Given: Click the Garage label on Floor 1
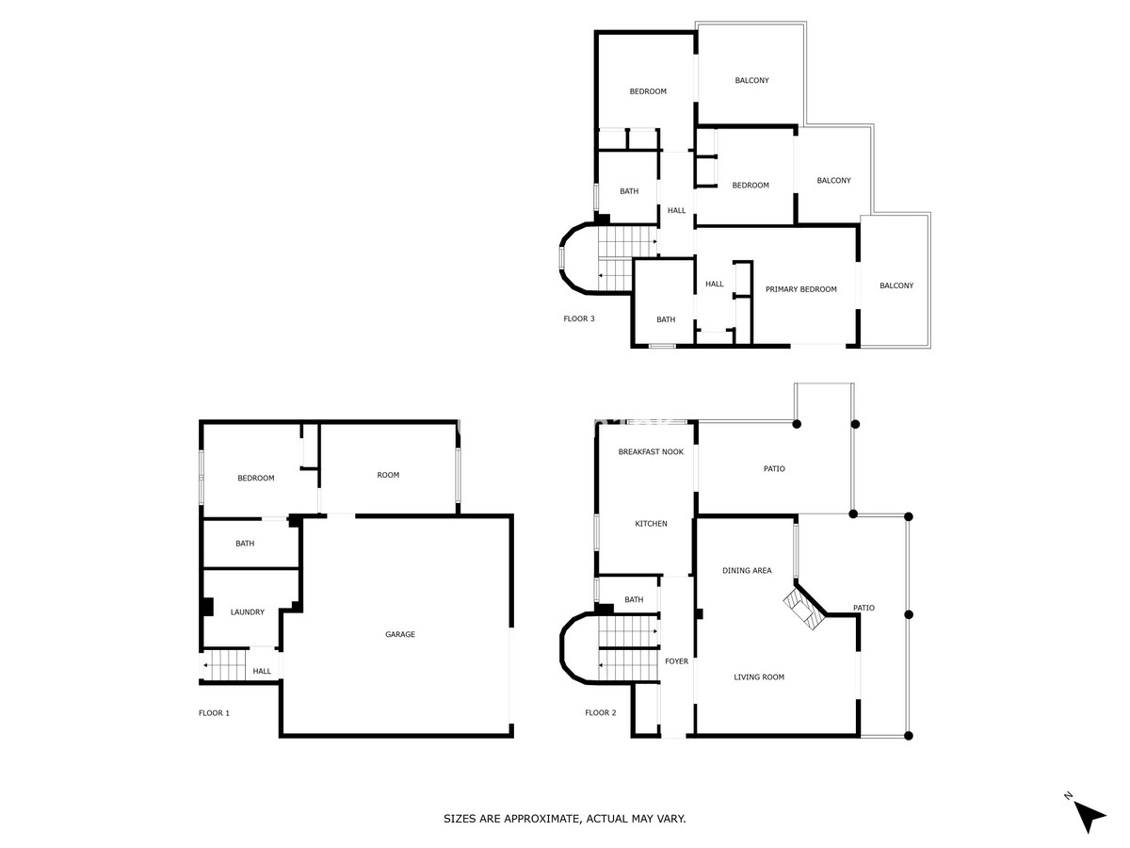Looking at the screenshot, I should pyautogui.click(x=400, y=635).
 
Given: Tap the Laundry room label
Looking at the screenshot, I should pyautogui.click(x=248, y=612).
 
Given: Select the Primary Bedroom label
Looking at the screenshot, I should pyautogui.click(x=800, y=289).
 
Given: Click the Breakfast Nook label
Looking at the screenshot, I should pyautogui.click(x=651, y=452).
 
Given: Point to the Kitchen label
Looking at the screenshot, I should pyautogui.click(x=651, y=524).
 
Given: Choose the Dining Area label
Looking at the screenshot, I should pyautogui.click(x=747, y=571).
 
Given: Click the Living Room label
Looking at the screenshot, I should pyautogui.click(x=759, y=677).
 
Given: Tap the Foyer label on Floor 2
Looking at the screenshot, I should pyautogui.click(x=676, y=661).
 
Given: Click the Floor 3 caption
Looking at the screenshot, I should pyautogui.click(x=579, y=318).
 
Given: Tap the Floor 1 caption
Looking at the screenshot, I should pyautogui.click(x=214, y=713).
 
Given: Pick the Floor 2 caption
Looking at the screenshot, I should pyautogui.click(x=600, y=713).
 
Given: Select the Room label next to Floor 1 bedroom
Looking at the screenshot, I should pyautogui.click(x=388, y=475).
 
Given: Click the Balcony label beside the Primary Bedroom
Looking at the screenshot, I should pyautogui.click(x=896, y=286).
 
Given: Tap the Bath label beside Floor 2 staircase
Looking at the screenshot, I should pyautogui.click(x=634, y=600).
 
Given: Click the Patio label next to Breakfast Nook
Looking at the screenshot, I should pyautogui.click(x=774, y=469).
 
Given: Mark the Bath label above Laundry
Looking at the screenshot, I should pyautogui.click(x=245, y=544).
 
